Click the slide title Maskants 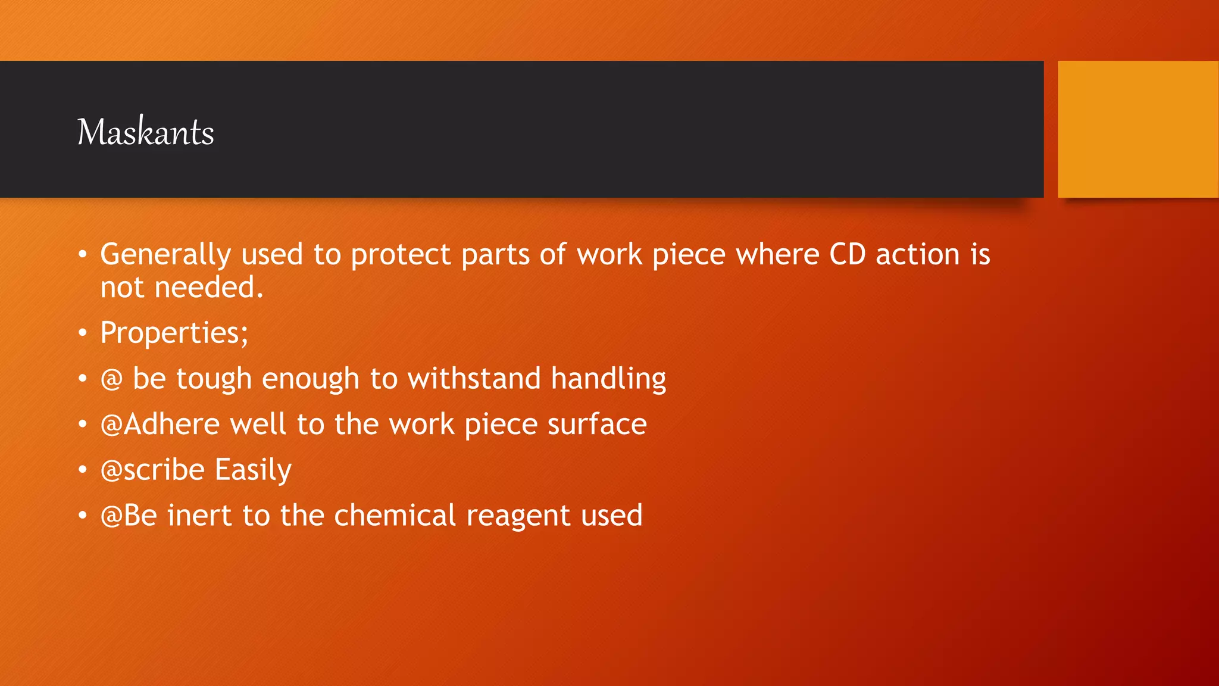[146, 132]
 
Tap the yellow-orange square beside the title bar [1137, 129]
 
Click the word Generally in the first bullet [165, 255]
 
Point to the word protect [401, 255]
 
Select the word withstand [474, 379]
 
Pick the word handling [608, 379]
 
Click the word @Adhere [161, 425]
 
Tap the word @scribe [153, 470]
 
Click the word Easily [253, 470]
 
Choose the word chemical [395, 516]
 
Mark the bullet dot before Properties [83, 333]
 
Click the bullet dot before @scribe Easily [83, 470]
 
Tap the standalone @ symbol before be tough [111, 379]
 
